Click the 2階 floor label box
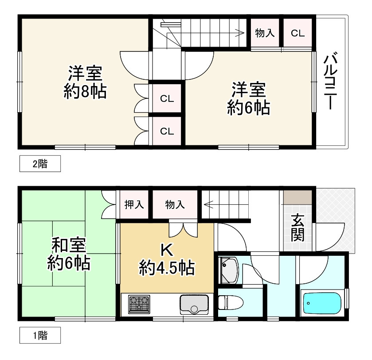(40, 164)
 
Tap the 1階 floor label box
(40, 335)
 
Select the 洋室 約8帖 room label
(85, 82)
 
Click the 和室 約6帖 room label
(69, 254)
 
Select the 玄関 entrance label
(298, 227)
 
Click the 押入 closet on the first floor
(134, 204)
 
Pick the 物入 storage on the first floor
(175, 204)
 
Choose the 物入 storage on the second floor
(265, 33)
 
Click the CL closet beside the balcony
(298, 33)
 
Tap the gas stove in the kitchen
(139, 304)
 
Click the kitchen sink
(194, 305)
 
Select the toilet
(230, 302)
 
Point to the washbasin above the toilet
(229, 270)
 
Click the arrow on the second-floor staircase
(239, 32)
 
